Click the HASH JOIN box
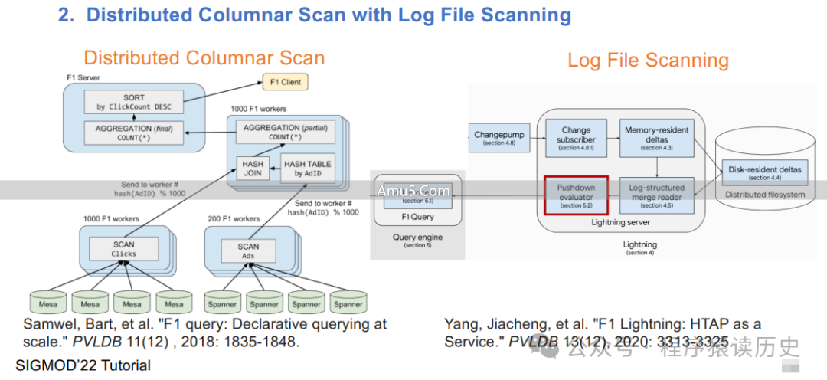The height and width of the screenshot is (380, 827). click(252, 168)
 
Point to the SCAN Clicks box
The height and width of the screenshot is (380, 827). click(123, 248)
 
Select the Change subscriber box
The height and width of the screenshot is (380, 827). click(575, 138)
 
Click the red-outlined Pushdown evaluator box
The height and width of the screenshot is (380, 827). click(576, 196)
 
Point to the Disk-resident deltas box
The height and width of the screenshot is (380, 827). click(763, 172)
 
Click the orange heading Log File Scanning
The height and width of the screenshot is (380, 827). click(648, 61)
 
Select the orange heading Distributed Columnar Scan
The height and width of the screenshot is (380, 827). click(204, 57)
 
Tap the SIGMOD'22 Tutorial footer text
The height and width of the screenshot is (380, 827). click(83, 365)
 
